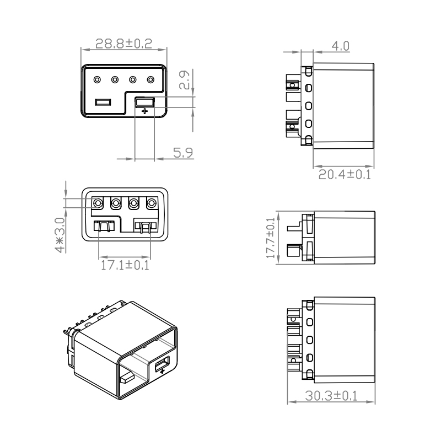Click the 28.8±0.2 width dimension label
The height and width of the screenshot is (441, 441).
tap(123, 44)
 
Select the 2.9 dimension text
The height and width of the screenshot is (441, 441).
tap(185, 80)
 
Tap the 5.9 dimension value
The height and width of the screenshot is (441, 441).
tap(183, 153)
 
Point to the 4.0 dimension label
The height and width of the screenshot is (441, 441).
tap(340, 46)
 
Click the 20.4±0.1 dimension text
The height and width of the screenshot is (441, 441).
tap(345, 174)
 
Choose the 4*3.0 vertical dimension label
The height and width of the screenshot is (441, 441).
tap(60, 235)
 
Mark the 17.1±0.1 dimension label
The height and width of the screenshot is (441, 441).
tap(125, 265)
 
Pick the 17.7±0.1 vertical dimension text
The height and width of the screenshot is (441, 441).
tap(271, 238)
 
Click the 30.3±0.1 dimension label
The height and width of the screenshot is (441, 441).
tap(331, 396)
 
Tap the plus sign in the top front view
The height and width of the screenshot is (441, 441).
tap(144, 111)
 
